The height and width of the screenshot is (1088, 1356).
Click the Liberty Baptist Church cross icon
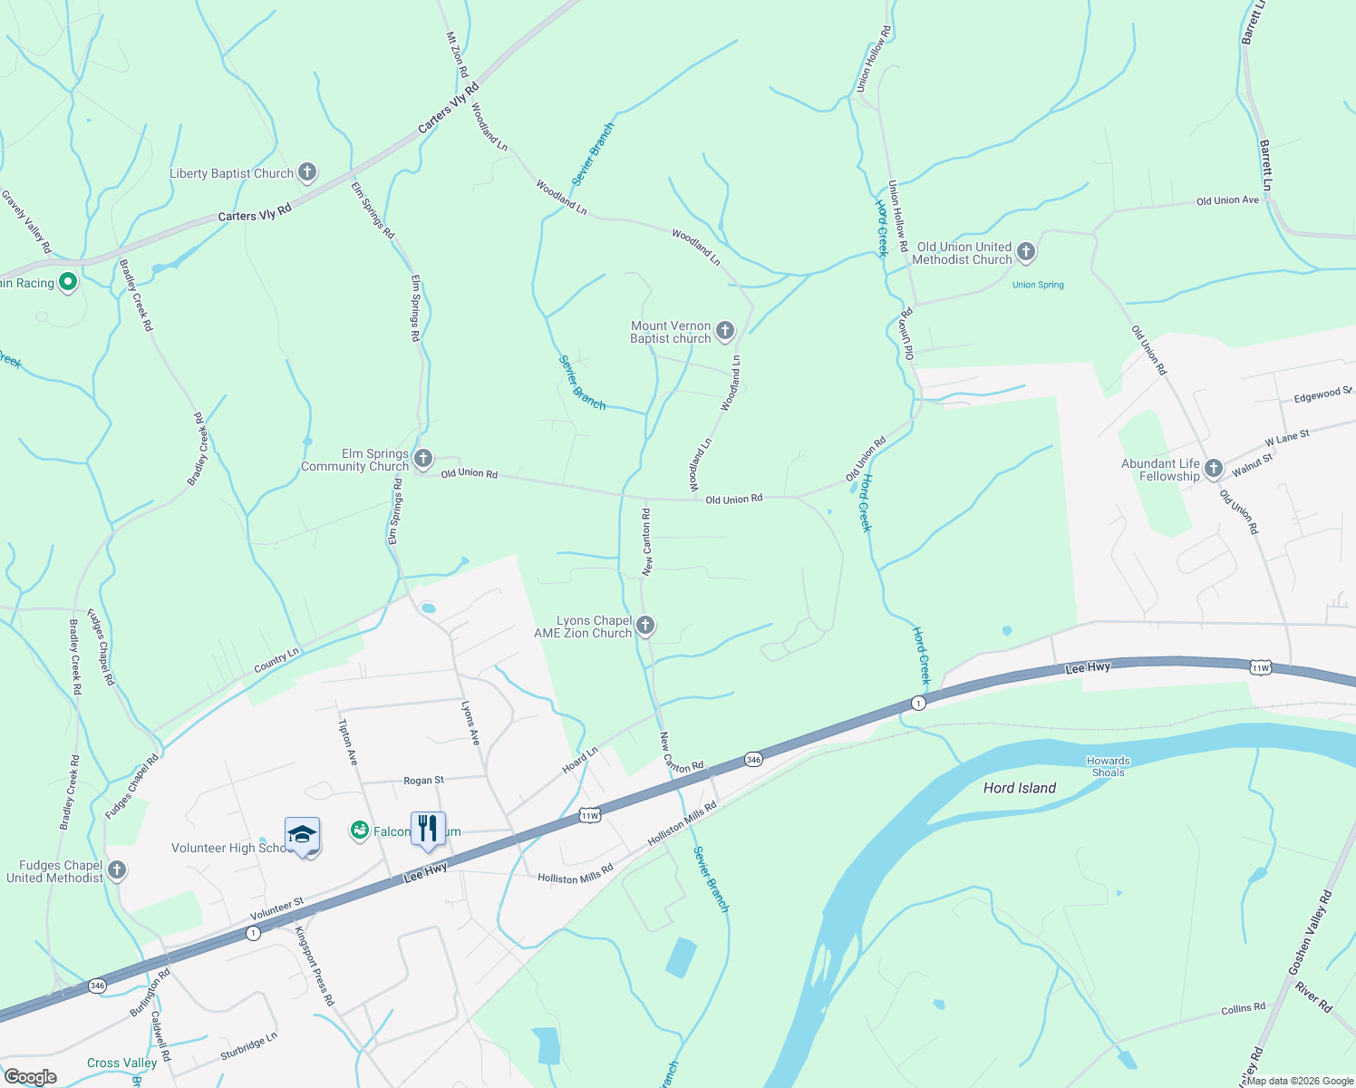307,172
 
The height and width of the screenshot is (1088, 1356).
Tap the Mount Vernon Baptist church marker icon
725,331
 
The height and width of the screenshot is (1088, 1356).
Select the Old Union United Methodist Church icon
1026,252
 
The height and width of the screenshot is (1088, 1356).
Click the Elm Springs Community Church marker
423,459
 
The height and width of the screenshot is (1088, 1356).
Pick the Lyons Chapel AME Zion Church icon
645,626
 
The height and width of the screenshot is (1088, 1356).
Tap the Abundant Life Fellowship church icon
1214,469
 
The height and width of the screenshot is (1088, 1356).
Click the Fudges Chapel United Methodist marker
116,871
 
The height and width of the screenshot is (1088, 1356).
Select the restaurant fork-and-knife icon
428,829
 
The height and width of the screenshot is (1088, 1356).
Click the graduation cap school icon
302,835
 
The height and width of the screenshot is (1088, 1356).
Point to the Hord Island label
1020,789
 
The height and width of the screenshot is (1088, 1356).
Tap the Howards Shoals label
1109,767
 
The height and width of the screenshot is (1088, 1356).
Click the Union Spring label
1038,285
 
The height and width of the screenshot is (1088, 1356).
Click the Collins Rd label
1243,1008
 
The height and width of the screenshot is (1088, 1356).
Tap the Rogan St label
423,781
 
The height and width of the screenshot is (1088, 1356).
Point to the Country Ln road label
276,661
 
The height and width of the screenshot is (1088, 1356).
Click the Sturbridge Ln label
248,1047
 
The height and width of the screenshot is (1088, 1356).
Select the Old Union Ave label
1227,200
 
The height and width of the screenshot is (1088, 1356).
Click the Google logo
30,1077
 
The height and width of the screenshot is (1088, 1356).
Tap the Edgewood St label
1322,395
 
